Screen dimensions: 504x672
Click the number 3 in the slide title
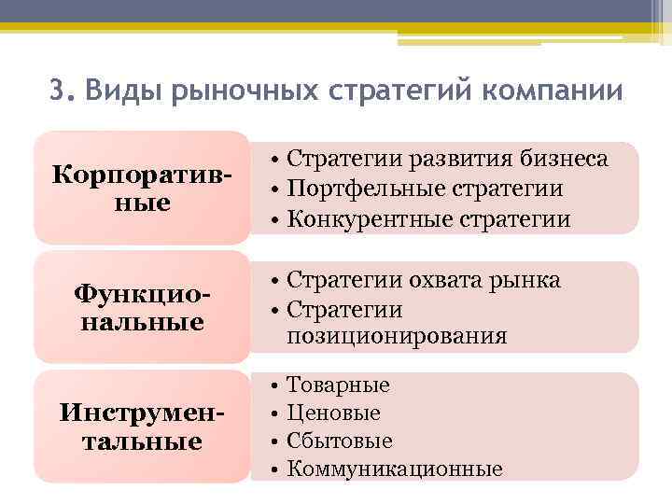(x=57, y=92)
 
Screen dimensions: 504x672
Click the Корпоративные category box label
(x=141, y=188)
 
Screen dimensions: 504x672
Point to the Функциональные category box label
(x=141, y=308)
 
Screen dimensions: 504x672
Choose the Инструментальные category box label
(x=141, y=427)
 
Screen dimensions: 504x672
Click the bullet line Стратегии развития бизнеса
(x=447, y=159)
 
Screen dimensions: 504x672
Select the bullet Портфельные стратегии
(x=425, y=189)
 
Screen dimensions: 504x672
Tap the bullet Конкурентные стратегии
(x=428, y=219)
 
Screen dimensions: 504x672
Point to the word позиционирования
(x=397, y=336)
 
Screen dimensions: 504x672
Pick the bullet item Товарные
(x=338, y=385)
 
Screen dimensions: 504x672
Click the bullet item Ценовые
(x=333, y=413)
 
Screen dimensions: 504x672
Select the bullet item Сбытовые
(x=340, y=441)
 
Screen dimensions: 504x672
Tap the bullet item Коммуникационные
(x=394, y=469)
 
